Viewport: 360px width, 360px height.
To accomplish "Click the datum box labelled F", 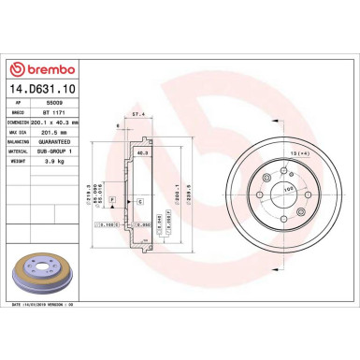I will (x=112, y=200).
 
